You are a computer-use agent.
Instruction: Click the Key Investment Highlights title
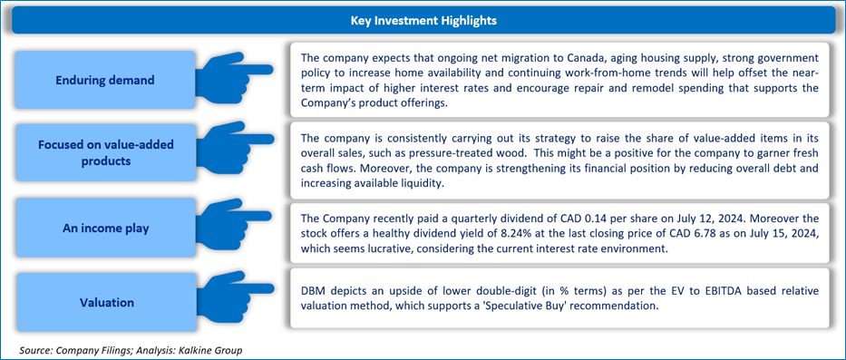(x=423, y=21)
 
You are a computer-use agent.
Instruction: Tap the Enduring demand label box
(x=104, y=81)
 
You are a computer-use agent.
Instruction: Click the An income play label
(x=104, y=228)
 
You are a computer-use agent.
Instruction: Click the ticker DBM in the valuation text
(x=311, y=291)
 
